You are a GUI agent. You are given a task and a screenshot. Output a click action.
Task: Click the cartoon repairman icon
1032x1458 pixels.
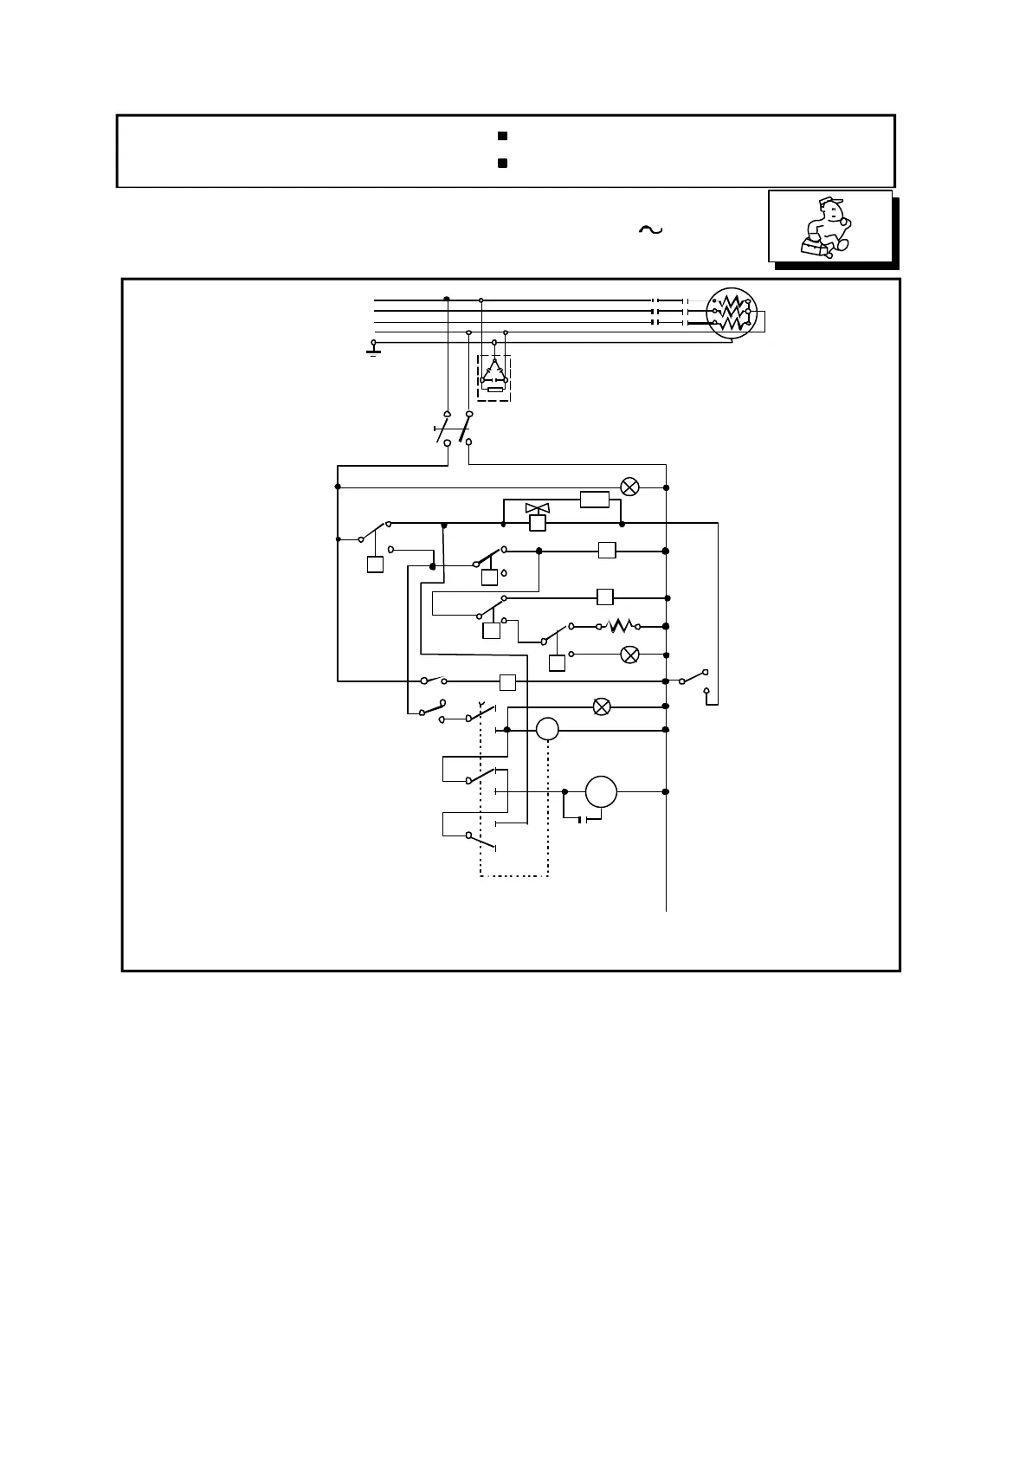click(829, 227)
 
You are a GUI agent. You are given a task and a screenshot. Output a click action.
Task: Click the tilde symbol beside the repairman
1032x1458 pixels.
click(649, 229)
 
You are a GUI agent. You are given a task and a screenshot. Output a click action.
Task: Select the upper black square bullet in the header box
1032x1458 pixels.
click(501, 137)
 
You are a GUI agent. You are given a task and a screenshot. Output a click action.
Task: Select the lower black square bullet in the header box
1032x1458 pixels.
click(501, 163)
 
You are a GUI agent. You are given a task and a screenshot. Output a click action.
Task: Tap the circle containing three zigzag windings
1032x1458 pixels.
click(732, 313)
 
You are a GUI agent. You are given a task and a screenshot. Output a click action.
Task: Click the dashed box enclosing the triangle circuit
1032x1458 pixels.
click(494, 377)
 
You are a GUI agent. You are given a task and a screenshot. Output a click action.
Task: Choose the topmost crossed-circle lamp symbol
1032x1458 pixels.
click(630, 487)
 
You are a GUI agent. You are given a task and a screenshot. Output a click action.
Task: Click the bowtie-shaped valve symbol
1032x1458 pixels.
click(537, 508)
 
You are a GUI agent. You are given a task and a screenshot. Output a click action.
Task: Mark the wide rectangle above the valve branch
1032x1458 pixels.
click(595, 500)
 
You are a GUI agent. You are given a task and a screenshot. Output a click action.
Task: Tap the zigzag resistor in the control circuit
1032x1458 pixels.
click(622, 626)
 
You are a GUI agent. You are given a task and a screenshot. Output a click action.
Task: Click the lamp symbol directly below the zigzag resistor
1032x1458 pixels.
click(630, 655)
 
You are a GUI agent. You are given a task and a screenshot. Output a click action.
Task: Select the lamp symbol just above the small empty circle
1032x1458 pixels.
click(601, 707)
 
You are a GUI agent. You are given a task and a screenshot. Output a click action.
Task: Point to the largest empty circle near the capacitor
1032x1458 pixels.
click(601, 791)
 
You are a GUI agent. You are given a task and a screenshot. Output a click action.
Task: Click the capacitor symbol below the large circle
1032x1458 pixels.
click(583, 819)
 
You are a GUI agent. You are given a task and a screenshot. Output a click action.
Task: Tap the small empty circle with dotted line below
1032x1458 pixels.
click(547, 730)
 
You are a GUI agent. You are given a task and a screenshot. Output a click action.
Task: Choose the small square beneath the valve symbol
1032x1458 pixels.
click(537, 523)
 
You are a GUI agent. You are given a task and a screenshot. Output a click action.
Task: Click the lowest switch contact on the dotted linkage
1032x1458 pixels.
click(481, 841)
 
